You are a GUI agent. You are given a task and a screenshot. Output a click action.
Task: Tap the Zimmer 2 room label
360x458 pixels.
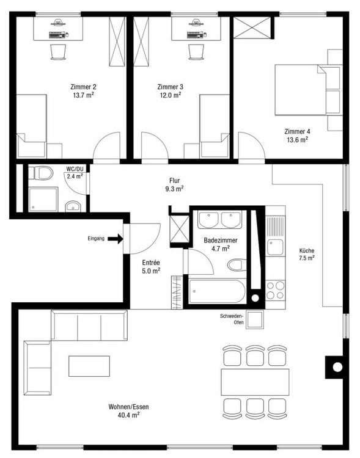83,87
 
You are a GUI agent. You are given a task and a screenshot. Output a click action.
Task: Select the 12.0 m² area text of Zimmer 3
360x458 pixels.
169,95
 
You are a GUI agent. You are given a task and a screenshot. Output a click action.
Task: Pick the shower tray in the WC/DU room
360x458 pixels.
42,200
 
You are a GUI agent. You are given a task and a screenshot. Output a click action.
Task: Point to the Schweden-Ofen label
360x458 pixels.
232,319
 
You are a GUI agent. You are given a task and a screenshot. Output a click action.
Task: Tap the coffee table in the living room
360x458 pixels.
89,366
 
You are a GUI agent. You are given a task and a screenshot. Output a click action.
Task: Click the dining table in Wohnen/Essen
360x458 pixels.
254,382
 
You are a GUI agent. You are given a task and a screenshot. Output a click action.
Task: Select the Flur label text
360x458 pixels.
175,180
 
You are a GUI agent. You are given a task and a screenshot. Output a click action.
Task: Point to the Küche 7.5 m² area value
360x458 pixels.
306,258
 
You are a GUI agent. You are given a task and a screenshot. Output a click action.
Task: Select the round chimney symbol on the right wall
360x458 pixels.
336,368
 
